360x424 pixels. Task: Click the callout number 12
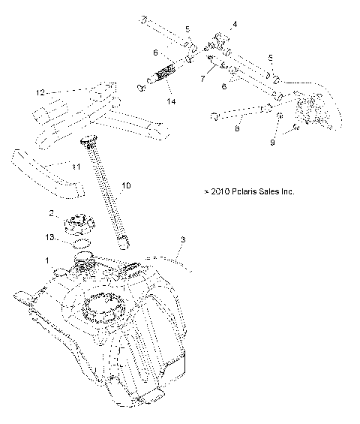pos(40,92)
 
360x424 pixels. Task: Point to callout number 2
pos(52,213)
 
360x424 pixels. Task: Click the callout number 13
pos(50,237)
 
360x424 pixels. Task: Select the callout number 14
pos(172,101)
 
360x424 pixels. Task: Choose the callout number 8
pos(237,128)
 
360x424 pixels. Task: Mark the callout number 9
pos(273,142)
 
